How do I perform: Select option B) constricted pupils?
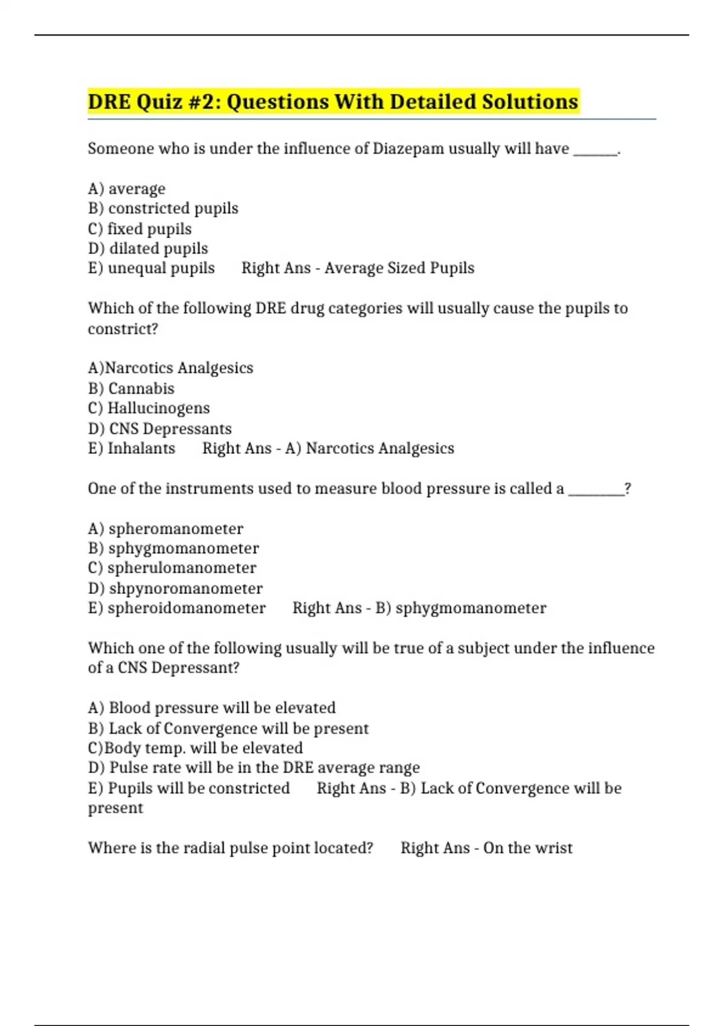(163, 209)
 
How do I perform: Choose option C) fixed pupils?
(140, 229)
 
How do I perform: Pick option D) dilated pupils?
(148, 249)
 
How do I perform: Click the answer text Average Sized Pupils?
(399, 268)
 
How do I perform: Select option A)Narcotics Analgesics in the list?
(171, 368)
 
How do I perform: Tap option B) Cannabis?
(131, 389)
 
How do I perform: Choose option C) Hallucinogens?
(149, 409)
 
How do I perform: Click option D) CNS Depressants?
(160, 429)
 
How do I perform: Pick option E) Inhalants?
(132, 448)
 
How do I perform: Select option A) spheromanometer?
(165, 529)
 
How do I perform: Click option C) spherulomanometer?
(172, 568)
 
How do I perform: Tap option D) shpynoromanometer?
(175, 588)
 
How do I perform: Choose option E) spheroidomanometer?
(177, 608)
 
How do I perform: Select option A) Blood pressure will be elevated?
(212, 708)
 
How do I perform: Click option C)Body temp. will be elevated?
(195, 748)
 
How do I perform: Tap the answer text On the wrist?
(528, 848)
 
